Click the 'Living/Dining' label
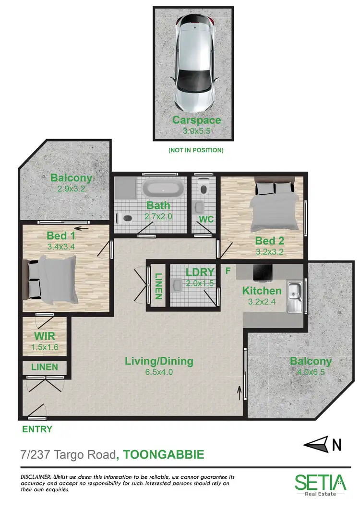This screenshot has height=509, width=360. click(x=159, y=361)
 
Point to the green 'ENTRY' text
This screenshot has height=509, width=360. click(x=37, y=429)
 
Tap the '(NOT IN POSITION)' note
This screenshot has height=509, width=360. click(x=196, y=150)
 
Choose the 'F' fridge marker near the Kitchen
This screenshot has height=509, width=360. click(x=228, y=270)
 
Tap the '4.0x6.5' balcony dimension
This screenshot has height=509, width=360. click(x=310, y=371)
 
